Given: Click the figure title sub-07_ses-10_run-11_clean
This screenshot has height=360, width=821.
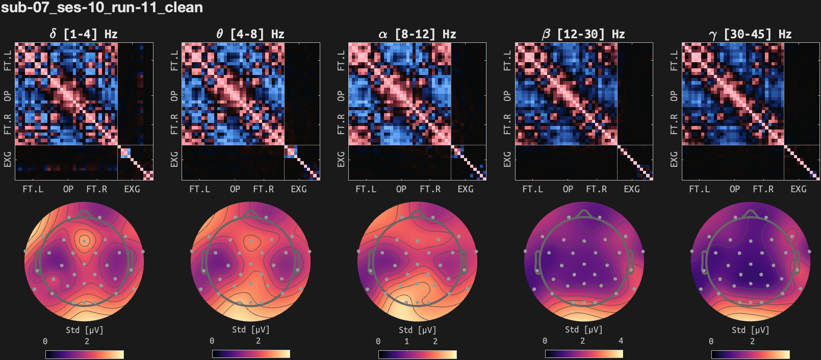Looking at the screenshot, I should pyautogui.click(x=102, y=8).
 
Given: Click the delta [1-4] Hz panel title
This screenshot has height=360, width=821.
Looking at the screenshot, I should pyautogui.click(x=84, y=34).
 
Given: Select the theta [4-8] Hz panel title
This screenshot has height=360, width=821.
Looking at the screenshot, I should pyautogui.click(x=250, y=34).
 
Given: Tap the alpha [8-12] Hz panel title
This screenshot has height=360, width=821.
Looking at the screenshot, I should pyautogui.click(x=417, y=34).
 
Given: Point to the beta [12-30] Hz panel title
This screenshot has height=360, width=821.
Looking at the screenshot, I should pyautogui.click(x=583, y=34).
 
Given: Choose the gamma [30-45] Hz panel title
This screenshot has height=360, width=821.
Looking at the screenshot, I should pyautogui.click(x=750, y=34).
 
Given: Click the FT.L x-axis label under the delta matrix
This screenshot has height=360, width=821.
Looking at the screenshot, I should pyautogui.click(x=33, y=189).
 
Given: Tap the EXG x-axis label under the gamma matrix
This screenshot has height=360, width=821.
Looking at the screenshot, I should pyautogui.click(x=799, y=189).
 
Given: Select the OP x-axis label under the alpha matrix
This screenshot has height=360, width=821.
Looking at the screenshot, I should pyautogui.click(x=401, y=189).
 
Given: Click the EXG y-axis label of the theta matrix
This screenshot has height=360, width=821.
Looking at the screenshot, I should pyautogui.click(x=174, y=159).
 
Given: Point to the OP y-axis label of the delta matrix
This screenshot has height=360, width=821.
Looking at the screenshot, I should pyautogui.click(x=8, y=96).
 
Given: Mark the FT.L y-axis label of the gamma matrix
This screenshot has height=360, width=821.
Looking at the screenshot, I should pyautogui.click(x=674, y=60).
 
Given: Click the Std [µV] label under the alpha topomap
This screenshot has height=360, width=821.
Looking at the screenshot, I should pyautogui.click(x=417, y=330).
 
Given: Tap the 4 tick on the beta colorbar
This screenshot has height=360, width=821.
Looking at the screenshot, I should pyautogui.click(x=621, y=341).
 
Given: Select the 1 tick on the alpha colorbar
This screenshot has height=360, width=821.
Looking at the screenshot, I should pyautogui.click(x=406, y=341).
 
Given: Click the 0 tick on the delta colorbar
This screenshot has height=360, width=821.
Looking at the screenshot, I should pyautogui.click(x=45, y=341).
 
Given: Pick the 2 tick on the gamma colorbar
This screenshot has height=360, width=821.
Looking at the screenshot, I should pyautogui.click(x=752, y=341).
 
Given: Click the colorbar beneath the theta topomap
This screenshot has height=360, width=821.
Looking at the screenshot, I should pyautogui.click(x=251, y=354).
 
